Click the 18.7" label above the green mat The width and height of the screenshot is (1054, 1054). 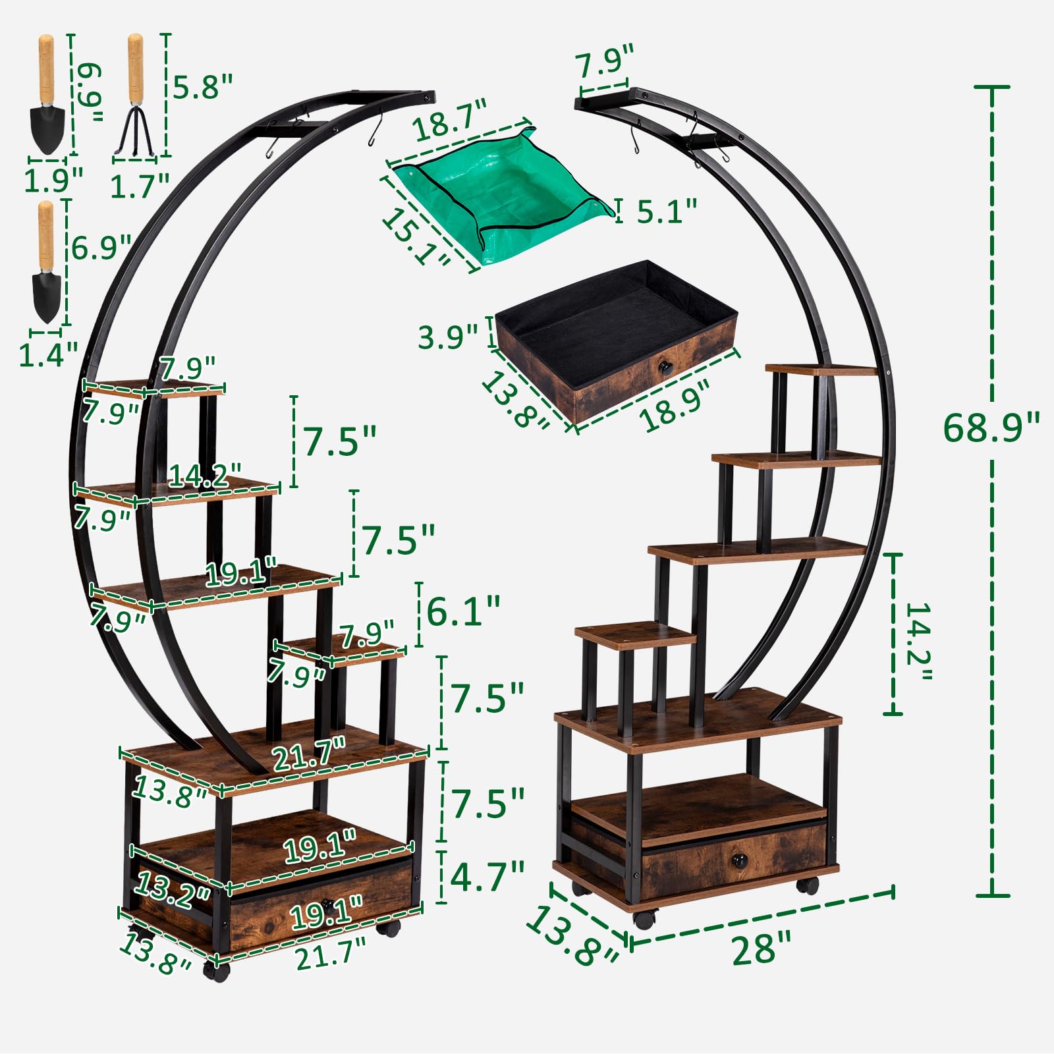tap(451, 119)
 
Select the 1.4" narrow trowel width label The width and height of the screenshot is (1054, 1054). tap(47, 354)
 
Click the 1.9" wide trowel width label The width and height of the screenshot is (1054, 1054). tap(53, 179)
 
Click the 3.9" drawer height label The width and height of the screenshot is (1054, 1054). tap(448, 337)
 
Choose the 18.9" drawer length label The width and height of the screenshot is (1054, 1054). tap(675, 405)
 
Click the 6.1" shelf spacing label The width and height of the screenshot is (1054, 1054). tap(463, 611)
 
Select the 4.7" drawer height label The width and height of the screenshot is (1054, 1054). tap(487, 875)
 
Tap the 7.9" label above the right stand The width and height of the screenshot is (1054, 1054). tap(604, 61)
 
